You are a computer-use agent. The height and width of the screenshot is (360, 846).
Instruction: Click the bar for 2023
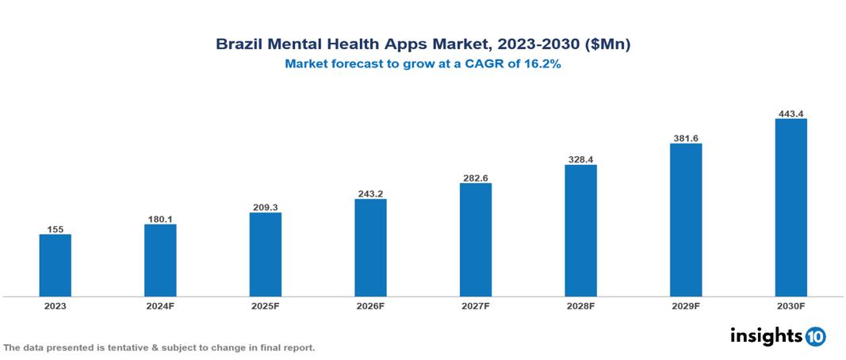point(55,265)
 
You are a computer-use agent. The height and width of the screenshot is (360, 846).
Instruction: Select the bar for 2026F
point(370,247)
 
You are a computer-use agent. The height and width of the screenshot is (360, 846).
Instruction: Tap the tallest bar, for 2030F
point(790,208)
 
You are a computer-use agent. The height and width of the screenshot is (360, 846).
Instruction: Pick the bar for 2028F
point(580,231)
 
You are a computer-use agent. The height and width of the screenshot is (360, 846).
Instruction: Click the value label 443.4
point(790,113)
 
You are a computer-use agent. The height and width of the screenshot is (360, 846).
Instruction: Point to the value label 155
point(55,229)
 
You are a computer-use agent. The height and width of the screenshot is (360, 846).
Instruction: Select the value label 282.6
point(475,178)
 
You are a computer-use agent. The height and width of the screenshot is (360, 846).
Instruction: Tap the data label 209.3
point(265,207)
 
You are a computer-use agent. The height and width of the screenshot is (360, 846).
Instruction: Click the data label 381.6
point(686,138)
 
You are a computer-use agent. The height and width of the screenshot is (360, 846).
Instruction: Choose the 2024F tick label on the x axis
point(160,306)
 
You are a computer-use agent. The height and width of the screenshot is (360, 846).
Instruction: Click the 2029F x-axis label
point(686,306)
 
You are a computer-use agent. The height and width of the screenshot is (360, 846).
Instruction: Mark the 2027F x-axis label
point(475,306)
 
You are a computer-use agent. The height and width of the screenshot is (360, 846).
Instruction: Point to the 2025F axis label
point(265,306)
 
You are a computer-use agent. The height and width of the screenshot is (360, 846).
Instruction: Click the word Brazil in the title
point(239,45)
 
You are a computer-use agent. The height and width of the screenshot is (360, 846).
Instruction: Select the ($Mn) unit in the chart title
point(607,45)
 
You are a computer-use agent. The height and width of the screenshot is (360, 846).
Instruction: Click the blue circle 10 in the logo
point(815,336)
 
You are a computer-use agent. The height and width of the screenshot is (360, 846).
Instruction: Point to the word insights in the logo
point(766,335)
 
